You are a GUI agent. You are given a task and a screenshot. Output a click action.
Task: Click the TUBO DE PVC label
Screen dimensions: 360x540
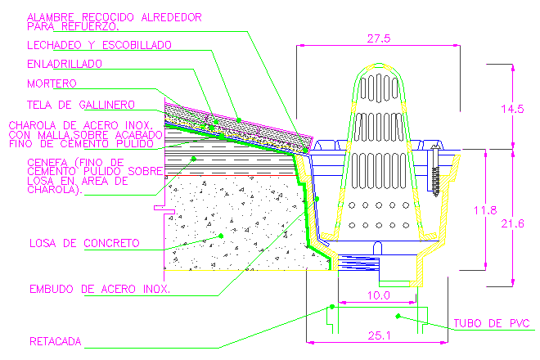pyautogui.click(x=490, y=323)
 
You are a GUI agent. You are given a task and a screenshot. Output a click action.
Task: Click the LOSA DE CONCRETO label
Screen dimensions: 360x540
pyautogui.click(x=83, y=243)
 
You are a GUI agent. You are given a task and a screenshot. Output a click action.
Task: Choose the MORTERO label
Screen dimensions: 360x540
pyautogui.click(x=52, y=83)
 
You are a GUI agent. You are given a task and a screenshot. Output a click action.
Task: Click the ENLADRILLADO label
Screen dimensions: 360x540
pyautogui.click(x=64, y=62)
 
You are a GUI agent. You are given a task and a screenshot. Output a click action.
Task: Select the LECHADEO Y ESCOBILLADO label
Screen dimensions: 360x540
pyautogui.click(x=99, y=44)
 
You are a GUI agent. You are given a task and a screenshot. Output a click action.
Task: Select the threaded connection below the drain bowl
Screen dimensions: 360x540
pyautogui.click(x=353, y=264)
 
